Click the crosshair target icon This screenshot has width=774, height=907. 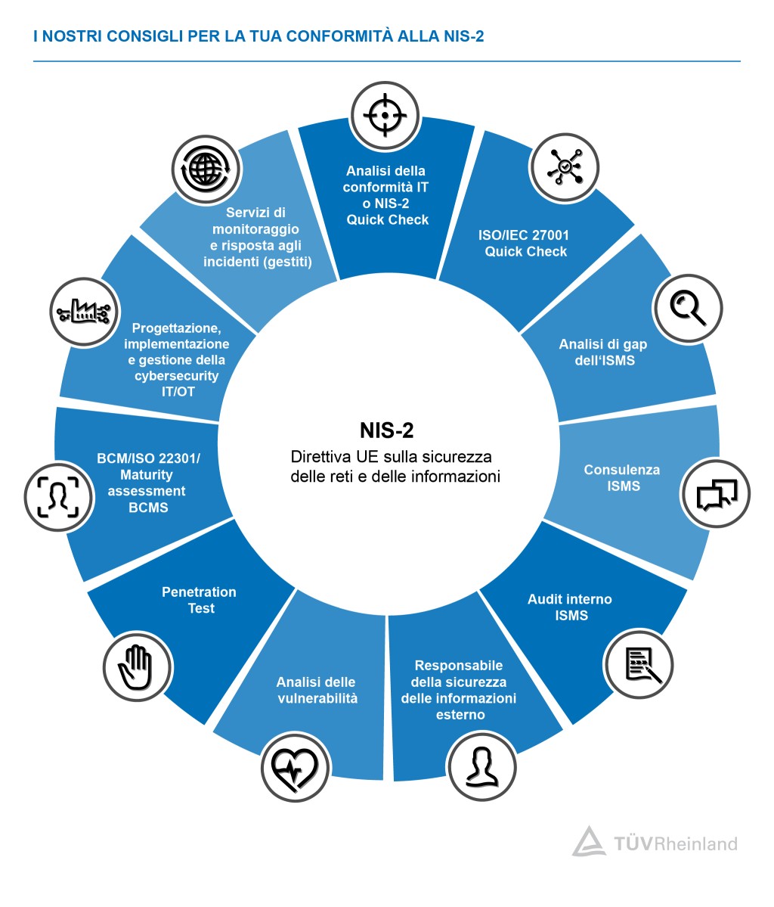tap(385, 116)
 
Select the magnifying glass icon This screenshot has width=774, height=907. tap(687, 307)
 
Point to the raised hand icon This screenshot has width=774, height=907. tap(137, 666)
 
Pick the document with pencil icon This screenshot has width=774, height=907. tap(639, 664)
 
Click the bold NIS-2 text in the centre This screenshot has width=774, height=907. tap(386, 430)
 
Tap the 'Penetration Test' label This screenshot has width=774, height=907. tap(200, 600)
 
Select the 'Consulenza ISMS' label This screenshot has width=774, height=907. tap(622, 478)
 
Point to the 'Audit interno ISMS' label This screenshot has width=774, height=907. tap(570, 607)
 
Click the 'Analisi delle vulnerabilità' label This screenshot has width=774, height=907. tap(316, 690)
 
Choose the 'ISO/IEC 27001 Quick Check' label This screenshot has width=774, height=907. tap(525, 244)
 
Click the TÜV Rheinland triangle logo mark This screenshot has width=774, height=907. tap(588, 840)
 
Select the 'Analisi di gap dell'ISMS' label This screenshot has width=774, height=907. tap(603, 353)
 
